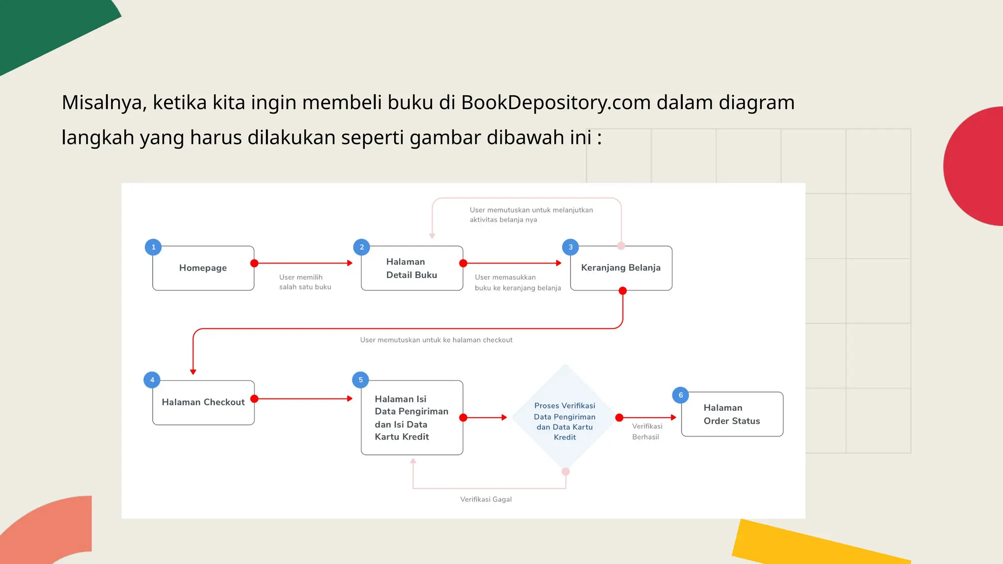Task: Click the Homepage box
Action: coord(203,268)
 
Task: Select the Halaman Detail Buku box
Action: coord(411,268)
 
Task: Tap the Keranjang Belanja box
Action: coord(621,268)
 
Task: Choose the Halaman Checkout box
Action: coord(203,402)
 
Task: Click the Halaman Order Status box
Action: coord(732,414)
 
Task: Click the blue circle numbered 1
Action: coord(153,247)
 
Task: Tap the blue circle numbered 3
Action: coord(570,247)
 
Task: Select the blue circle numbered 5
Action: coord(360,380)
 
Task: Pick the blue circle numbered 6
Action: coord(680,395)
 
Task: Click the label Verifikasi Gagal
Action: coord(486,499)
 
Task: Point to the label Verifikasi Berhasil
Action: coord(646,432)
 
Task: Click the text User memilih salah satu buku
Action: coord(305,282)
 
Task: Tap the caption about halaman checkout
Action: coord(436,340)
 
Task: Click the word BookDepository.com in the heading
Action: coord(555,103)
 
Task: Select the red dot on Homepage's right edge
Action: coord(254,263)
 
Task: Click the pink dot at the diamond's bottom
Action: coord(566,471)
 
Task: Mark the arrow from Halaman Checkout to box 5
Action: coord(304,399)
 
